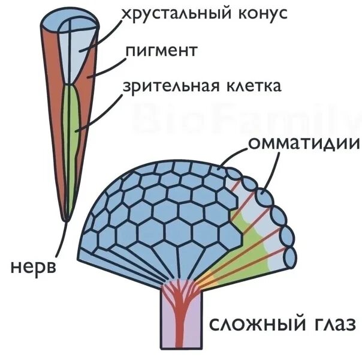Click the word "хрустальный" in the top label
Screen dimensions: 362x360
point(169,14)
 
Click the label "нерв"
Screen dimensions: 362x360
point(33,266)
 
